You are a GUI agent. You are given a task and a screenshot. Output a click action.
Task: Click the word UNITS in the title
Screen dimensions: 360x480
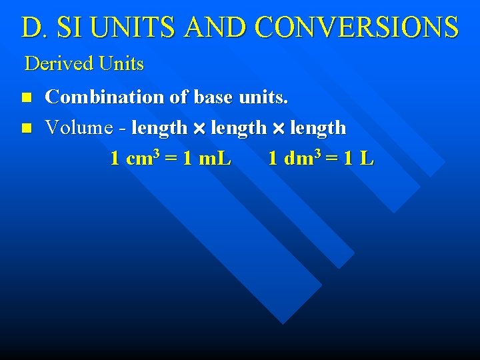tap(139, 27)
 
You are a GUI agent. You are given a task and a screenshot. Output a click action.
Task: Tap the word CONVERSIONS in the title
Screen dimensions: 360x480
tap(357, 27)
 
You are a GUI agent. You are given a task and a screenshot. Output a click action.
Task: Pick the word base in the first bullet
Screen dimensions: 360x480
tap(213, 97)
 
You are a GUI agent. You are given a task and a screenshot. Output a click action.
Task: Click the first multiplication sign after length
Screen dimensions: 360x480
tap(199, 127)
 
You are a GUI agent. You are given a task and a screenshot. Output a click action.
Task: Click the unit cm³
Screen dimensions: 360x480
tap(143, 158)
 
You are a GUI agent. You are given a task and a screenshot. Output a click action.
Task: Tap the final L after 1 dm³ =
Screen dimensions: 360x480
tap(367, 159)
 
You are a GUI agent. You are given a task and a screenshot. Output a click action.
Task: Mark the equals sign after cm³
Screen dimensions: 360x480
tap(170, 159)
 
